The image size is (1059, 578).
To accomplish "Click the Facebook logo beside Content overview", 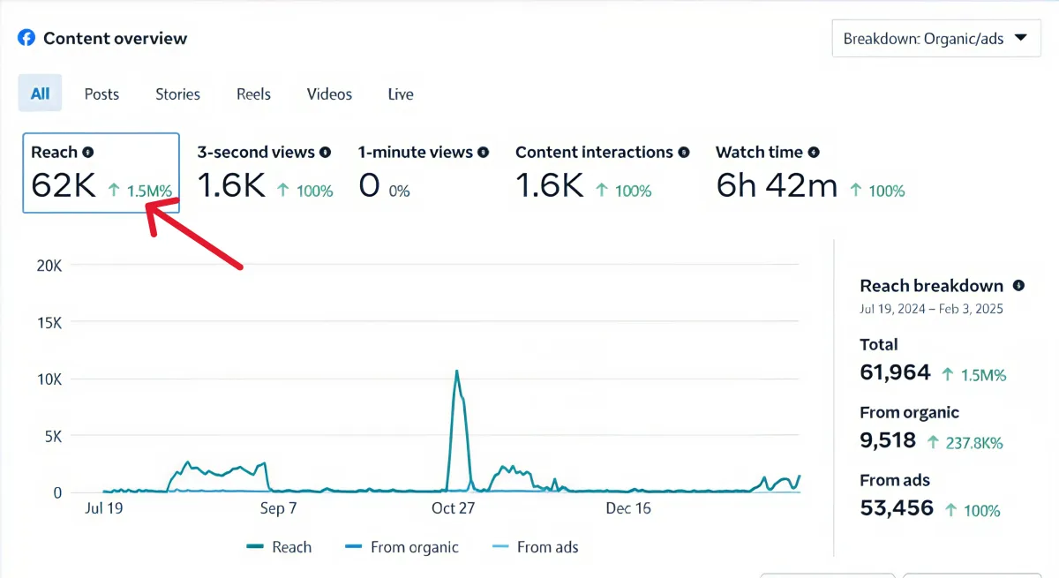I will click(x=26, y=38).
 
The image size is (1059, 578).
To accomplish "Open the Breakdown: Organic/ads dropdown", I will click(x=935, y=39).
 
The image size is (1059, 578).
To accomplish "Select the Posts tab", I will click(x=101, y=94).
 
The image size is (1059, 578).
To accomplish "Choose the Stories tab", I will click(x=177, y=94).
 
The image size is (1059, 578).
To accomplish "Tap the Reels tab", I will click(x=253, y=94).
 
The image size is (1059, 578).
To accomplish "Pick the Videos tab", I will click(x=329, y=94).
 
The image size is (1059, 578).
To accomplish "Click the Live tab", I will click(x=401, y=94).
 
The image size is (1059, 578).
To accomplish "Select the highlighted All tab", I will click(x=40, y=94).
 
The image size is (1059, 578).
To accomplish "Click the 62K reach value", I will click(x=63, y=186).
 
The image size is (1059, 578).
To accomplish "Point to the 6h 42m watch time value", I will click(x=776, y=186).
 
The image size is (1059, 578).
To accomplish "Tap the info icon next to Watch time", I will click(x=814, y=153).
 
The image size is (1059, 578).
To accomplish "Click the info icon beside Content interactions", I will click(x=684, y=153).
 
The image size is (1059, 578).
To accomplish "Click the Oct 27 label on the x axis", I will click(x=453, y=508).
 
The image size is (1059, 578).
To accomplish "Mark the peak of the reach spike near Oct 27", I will click(x=456, y=371).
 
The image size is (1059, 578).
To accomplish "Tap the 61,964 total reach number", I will click(x=895, y=372).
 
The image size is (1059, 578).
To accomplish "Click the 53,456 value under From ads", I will click(x=896, y=508).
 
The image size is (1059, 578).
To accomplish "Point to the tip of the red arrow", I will click(x=146, y=205).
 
